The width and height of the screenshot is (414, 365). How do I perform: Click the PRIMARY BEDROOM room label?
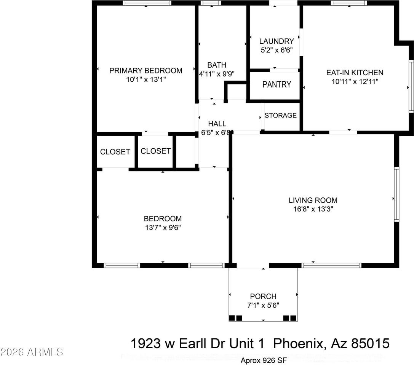(146, 71)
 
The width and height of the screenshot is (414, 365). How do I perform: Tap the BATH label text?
(217, 65)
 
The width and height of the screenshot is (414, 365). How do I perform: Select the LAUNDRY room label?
(277, 41)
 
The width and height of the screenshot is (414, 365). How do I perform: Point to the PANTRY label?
(277, 84)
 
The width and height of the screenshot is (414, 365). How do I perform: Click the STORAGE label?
(281, 116)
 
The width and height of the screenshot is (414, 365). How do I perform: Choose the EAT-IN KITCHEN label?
(355, 73)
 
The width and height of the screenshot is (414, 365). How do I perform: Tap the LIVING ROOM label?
(313, 200)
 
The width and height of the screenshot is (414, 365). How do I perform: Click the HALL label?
(217, 124)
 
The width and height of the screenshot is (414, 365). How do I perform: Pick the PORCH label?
(263, 297)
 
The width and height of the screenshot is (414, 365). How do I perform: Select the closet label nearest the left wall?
(115, 152)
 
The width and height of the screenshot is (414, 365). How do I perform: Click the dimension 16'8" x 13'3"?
(313, 209)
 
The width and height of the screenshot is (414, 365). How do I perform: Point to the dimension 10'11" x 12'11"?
(355, 82)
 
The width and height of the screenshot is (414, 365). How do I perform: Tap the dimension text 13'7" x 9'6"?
(163, 227)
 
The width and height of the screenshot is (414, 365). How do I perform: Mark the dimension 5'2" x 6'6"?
(277, 50)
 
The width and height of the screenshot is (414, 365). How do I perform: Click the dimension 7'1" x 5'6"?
(263, 305)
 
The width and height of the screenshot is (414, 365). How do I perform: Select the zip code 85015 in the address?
(371, 343)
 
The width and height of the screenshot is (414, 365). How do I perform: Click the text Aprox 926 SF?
(264, 360)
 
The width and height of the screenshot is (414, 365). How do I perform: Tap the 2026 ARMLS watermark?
(32, 352)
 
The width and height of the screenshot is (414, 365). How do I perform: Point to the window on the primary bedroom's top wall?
(147, 3)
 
